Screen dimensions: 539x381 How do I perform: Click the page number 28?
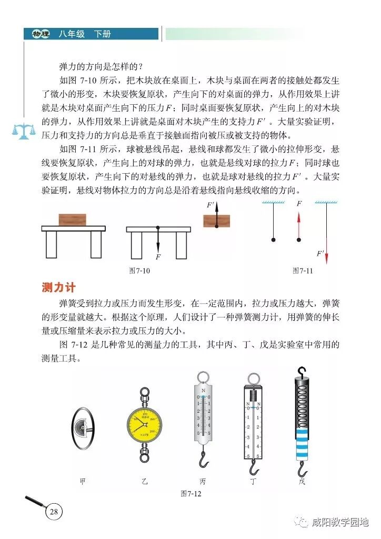tap(54, 511)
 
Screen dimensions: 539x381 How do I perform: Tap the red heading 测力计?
tap(59, 288)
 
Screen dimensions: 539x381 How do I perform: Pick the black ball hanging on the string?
tap(273, 240)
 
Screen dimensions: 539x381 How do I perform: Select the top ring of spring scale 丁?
tap(253, 378)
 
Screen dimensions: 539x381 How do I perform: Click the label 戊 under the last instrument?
tap(302, 481)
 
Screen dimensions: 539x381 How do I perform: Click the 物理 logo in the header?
tap(40, 34)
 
